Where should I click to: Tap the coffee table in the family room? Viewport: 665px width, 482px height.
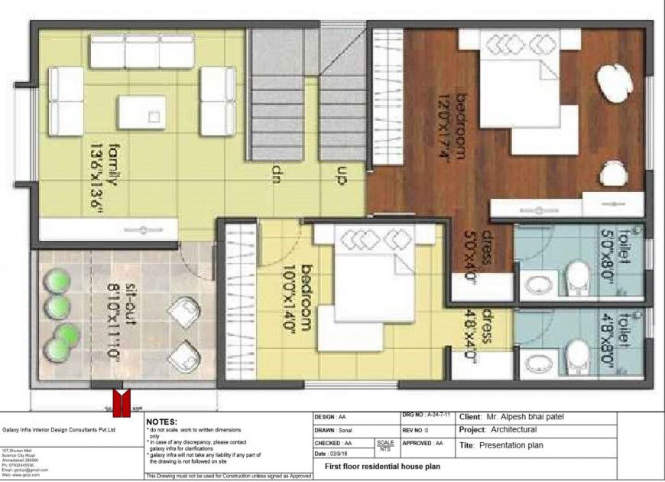click(x=141, y=112)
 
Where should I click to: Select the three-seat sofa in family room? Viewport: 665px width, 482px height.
click(x=142, y=50)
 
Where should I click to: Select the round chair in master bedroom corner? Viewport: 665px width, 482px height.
click(x=616, y=82)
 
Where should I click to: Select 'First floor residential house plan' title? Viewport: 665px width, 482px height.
click(x=382, y=466)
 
